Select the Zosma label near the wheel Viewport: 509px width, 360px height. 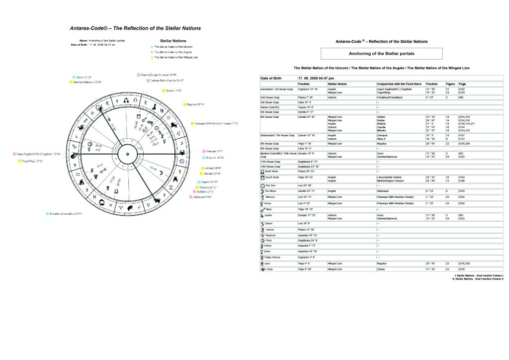pos(173,90)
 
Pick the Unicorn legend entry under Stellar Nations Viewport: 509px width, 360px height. pos(173,47)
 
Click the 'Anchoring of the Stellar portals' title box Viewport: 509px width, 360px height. pos(381,53)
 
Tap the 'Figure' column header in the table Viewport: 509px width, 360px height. pos(451,84)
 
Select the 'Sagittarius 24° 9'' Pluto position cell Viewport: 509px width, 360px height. pos(308,241)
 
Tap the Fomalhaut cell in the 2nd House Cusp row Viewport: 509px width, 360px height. pos(388,98)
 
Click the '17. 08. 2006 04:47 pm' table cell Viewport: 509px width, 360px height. pos(316,79)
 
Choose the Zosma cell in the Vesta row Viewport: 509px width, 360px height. pos(382,269)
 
